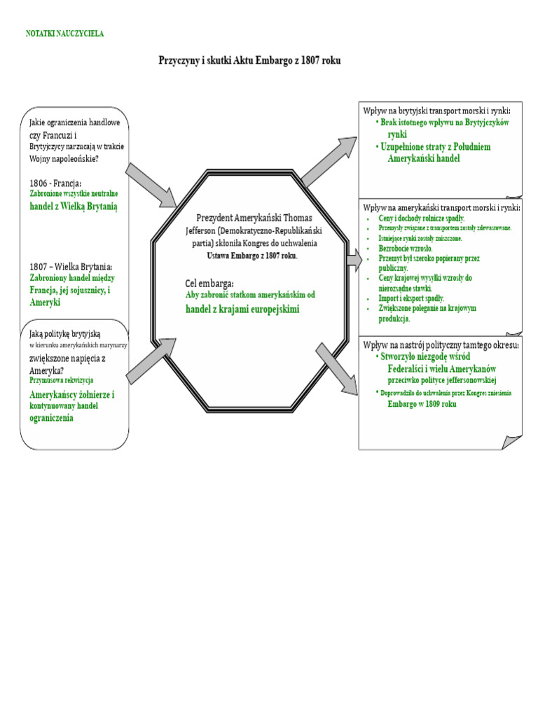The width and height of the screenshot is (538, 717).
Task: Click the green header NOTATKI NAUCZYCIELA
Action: click(x=64, y=34)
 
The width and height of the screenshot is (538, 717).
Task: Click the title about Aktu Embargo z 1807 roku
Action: click(x=249, y=60)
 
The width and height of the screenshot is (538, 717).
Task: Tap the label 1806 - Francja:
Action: click(x=55, y=183)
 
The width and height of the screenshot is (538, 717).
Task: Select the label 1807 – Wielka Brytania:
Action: click(x=71, y=267)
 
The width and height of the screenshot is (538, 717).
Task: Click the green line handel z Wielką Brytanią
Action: click(x=73, y=207)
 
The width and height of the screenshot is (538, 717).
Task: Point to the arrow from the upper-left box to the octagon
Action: click(x=151, y=185)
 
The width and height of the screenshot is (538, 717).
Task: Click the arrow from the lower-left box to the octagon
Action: click(x=151, y=361)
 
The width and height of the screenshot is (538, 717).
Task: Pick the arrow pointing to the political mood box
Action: click(x=337, y=368)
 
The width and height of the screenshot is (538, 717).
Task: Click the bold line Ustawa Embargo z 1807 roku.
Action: click(x=252, y=256)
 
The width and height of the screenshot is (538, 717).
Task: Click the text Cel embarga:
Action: click(x=209, y=284)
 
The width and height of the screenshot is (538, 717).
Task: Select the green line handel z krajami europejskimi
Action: click(x=242, y=309)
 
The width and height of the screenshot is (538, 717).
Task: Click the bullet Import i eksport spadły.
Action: click(x=411, y=298)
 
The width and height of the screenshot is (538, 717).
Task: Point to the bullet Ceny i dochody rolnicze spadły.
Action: click(x=421, y=218)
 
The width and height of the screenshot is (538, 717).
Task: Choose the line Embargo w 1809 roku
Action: click(x=422, y=404)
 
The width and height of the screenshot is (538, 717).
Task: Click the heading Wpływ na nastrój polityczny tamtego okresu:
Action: click(x=441, y=344)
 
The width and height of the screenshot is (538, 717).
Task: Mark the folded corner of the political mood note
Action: click(x=511, y=443)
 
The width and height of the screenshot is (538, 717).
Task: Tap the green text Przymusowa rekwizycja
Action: click(x=62, y=380)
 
